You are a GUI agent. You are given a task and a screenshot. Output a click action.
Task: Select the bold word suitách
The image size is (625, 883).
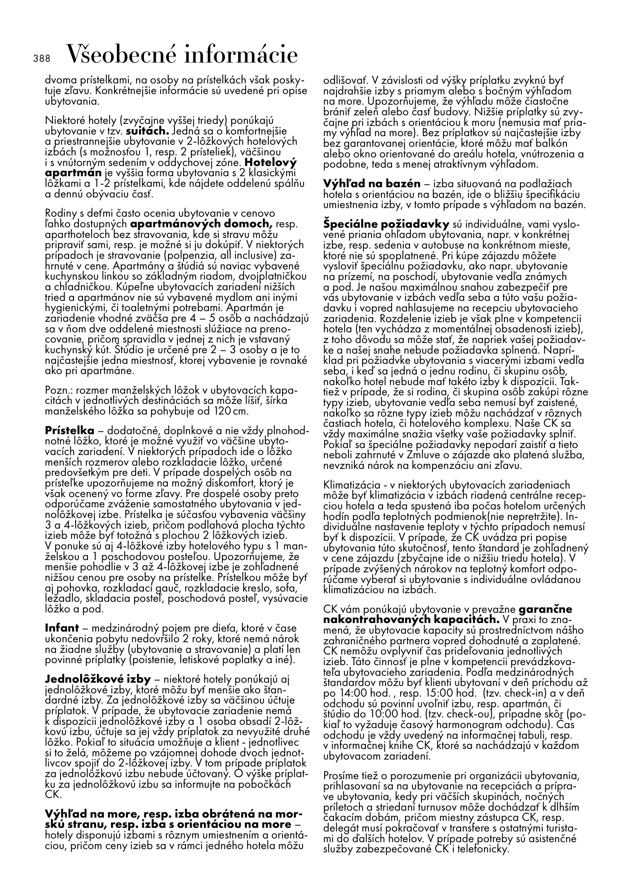point(148,132)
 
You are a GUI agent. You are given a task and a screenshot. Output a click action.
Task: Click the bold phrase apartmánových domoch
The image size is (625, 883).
point(202,224)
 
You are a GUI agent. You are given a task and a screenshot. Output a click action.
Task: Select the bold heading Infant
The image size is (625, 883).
point(62,628)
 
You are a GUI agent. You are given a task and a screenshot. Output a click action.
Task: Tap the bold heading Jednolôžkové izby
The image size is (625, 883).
point(98,679)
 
